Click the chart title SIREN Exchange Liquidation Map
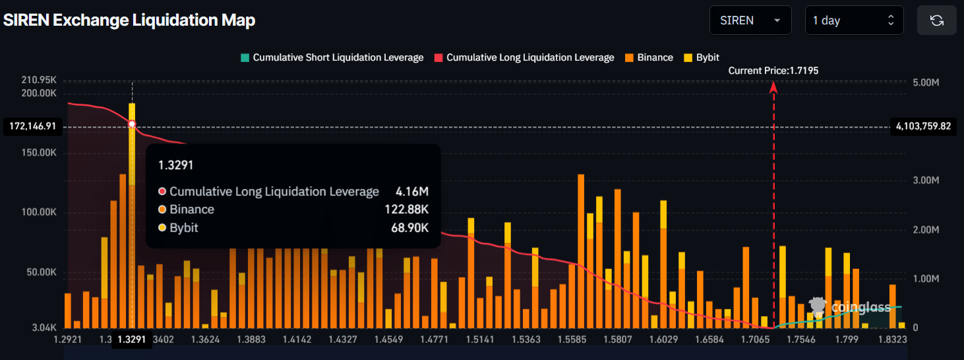tap(129, 20)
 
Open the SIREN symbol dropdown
tap(750, 20)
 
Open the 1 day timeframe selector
tap(854, 20)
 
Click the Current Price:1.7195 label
tap(773, 71)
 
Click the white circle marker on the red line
tap(132, 124)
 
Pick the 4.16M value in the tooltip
tap(412, 192)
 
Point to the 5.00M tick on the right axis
tap(924, 82)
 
